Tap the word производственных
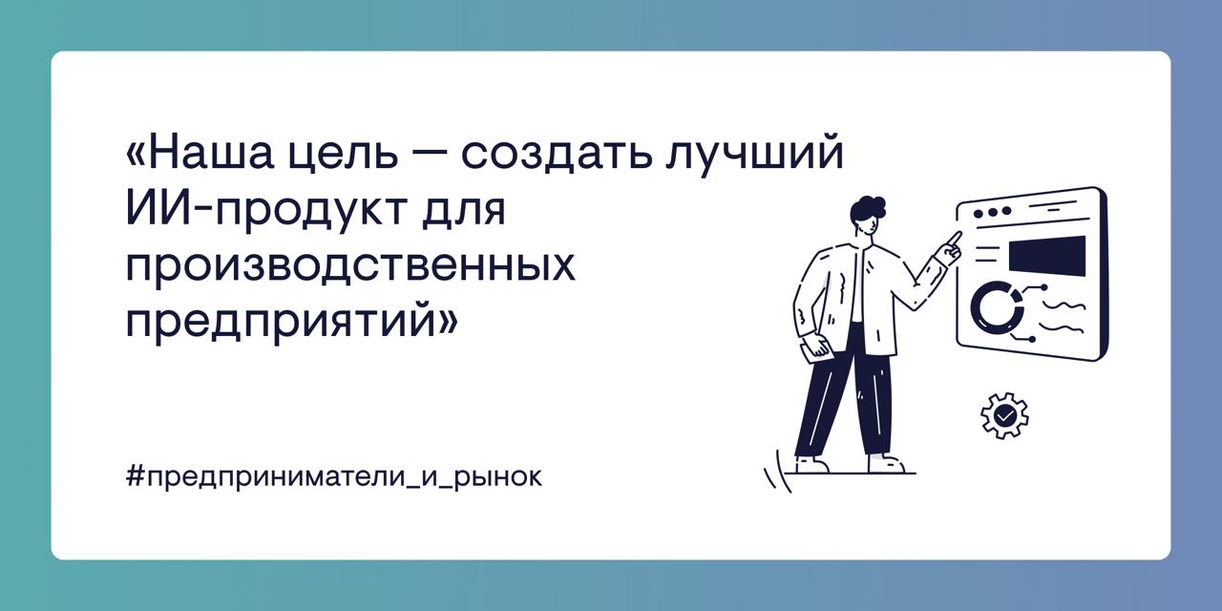[x=350, y=266]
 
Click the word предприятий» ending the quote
[x=292, y=323]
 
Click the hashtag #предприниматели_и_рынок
[x=333, y=475]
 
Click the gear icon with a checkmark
[x=1004, y=415]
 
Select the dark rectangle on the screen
[x=1046, y=255]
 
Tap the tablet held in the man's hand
[x=817, y=347]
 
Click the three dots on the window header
[x=991, y=211]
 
